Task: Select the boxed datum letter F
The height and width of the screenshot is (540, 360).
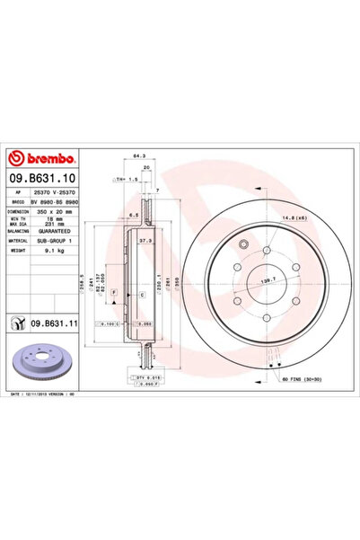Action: click(127, 279)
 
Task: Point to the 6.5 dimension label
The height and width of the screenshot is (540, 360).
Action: click(131, 215)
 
